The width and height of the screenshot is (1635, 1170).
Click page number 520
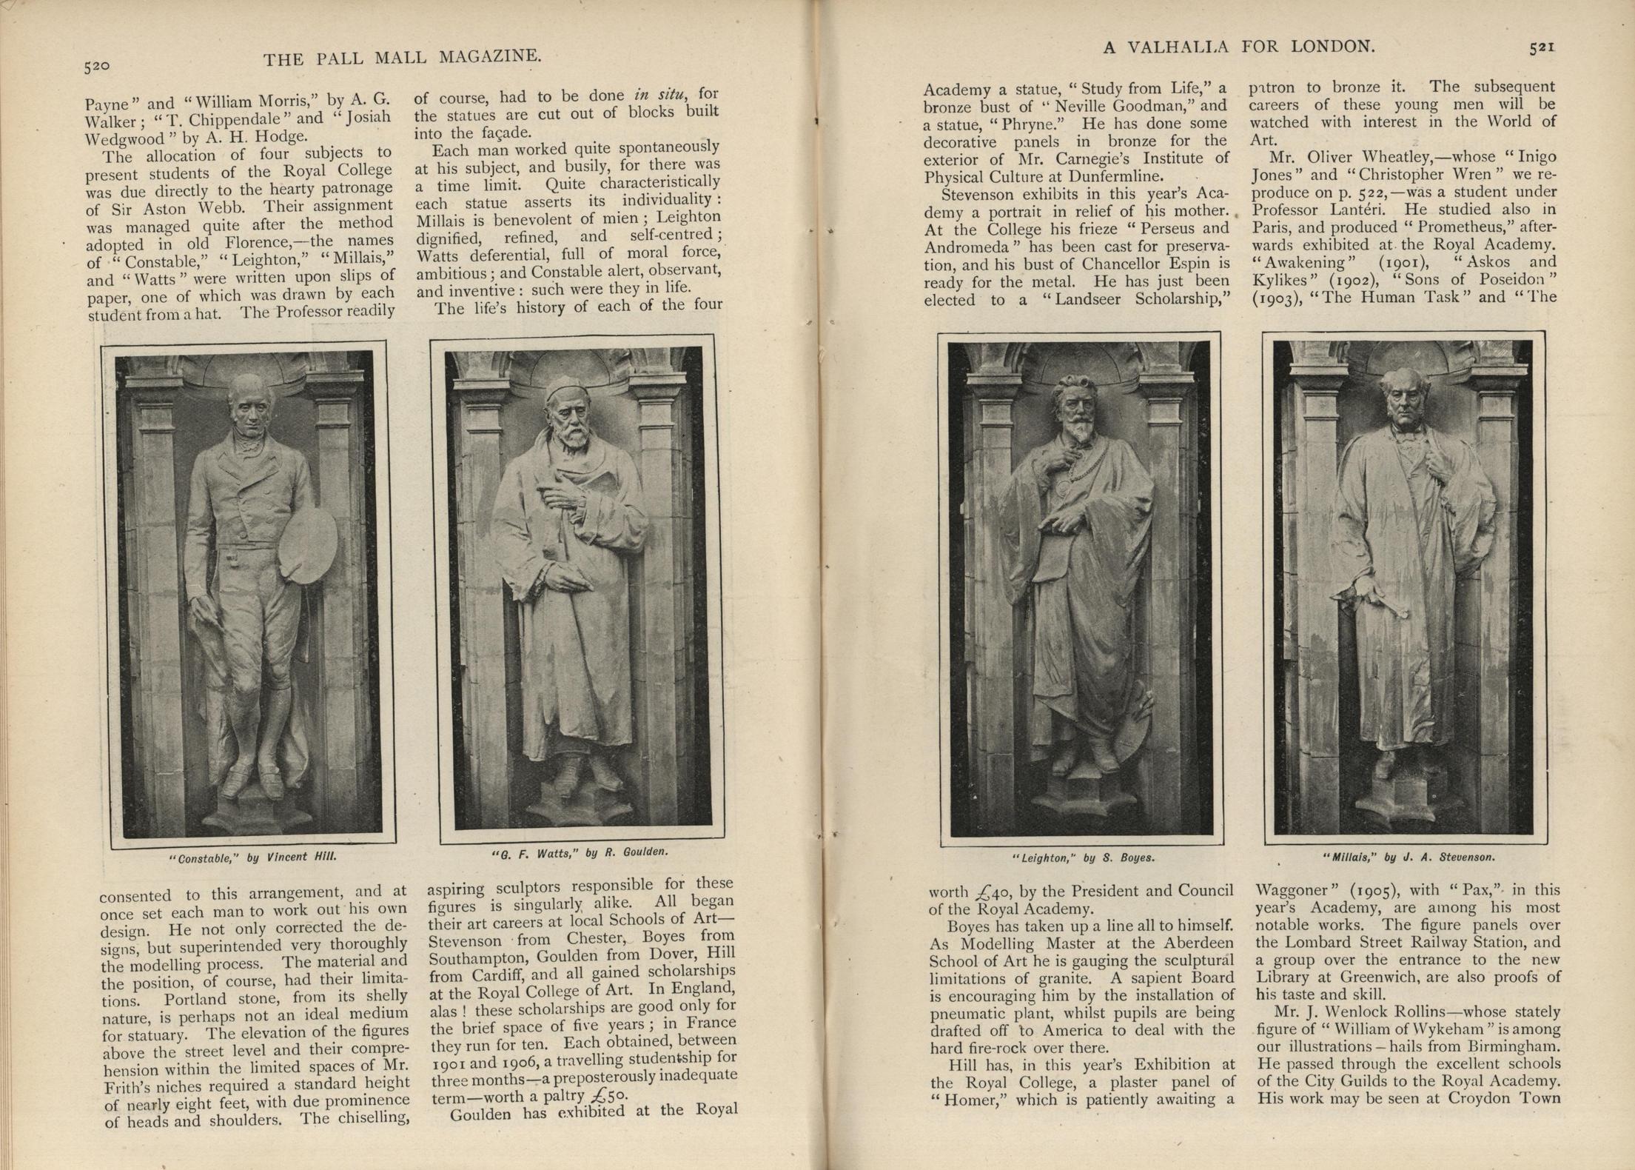pyautogui.click(x=97, y=66)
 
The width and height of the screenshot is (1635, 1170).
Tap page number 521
pyautogui.click(x=1542, y=47)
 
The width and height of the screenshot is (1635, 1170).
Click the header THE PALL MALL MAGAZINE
pyautogui.click(x=403, y=57)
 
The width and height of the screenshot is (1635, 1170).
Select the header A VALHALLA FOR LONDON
pyautogui.click(x=1239, y=47)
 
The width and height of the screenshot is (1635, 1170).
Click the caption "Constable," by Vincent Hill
pyautogui.click(x=253, y=857)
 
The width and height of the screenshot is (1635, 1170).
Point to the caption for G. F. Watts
pyautogui.click(x=580, y=852)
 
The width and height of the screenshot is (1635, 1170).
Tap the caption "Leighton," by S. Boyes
pyautogui.click(x=1082, y=858)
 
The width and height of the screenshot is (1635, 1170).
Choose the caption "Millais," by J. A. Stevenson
pyautogui.click(x=1409, y=857)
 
